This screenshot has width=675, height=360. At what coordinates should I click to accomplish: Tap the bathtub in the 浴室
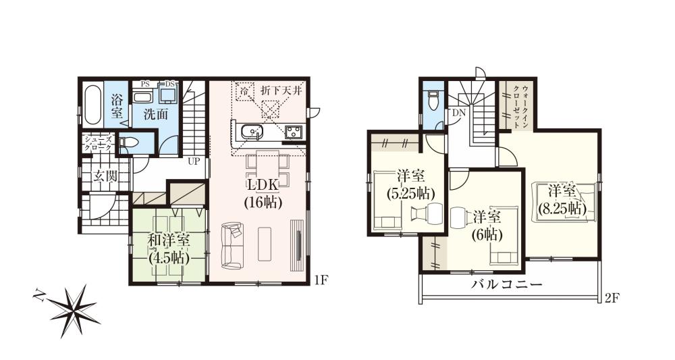pos(92,104)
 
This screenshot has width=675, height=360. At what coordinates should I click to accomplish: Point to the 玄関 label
pos(105,176)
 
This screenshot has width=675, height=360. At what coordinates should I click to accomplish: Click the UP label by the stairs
pos(194,162)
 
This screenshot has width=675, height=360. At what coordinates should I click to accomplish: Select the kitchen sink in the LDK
pos(250,131)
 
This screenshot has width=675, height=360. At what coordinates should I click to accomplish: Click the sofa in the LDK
pos(232,245)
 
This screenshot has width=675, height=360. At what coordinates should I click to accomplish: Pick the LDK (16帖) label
pos(263,193)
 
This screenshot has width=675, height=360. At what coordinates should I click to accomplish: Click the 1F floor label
pos(321,281)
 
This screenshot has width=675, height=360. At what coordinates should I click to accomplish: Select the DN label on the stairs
pos(458,113)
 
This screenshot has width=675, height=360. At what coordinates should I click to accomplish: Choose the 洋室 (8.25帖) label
pos(562,201)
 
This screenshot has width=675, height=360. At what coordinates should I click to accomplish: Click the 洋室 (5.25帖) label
pos(409,186)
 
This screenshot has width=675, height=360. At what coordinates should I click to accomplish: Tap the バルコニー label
pos(506,284)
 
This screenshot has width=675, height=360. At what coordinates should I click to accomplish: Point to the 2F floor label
pos(612,298)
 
